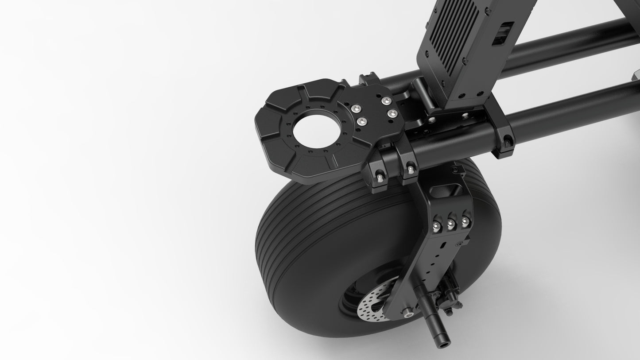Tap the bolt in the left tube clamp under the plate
point(380,178)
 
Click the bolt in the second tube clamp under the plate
point(411,169)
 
